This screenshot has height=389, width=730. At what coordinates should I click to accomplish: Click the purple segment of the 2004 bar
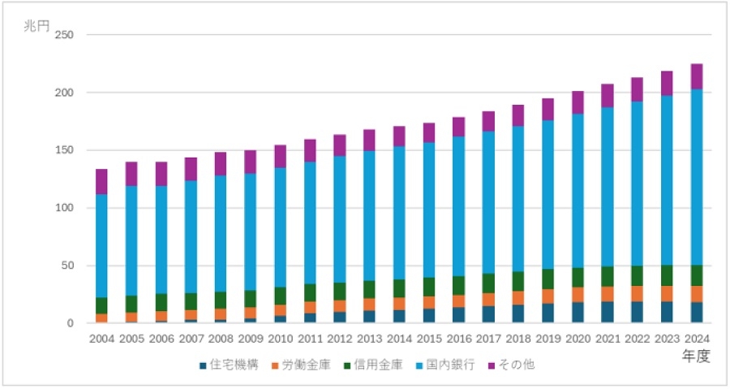(x=101, y=181)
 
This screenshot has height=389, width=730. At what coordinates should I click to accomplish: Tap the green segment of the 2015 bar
(x=429, y=287)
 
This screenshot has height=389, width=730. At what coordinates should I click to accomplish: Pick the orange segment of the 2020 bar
(x=578, y=295)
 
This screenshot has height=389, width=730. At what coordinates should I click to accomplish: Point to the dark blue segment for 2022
(x=637, y=312)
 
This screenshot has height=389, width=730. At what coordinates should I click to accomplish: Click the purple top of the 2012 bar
(x=340, y=145)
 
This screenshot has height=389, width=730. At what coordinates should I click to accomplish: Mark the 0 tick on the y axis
(x=71, y=323)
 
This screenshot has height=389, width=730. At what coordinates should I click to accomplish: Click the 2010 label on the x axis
(x=280, y=339)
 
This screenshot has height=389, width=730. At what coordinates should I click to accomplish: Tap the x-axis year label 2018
(x=518, y=339)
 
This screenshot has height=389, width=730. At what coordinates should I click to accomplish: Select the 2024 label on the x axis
(x=697, y=339)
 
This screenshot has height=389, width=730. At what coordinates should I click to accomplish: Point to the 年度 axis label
(x=697, y=357)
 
